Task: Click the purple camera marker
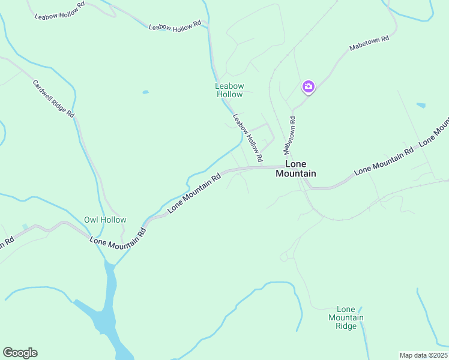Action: click(x=308, y=87)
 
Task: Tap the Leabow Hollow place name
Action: click(x=229, y=90)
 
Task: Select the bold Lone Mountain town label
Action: click(x=295, y=169)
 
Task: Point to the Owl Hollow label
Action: click(x=105, y=220)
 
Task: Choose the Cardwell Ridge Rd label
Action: click(x=53, y=99)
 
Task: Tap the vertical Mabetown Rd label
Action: click(x=290, y=133)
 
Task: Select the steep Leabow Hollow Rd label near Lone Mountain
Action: click(x=248, y=138)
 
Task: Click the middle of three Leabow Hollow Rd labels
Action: click(x=175, y=26)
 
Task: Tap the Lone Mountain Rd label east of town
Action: click(x=384, y=161)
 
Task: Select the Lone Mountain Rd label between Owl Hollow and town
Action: click(x=194, y=191)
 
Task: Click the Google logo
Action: click(x=20, y=353)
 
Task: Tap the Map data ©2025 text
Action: click(x=423, y=355)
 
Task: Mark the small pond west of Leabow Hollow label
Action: click(x=145, y=92)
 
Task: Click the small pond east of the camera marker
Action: click(x=421, y=106)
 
